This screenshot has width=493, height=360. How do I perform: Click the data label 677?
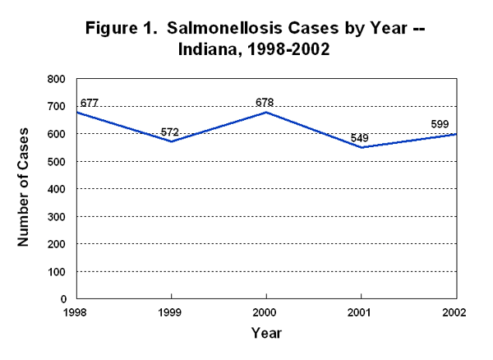tap(89, 104)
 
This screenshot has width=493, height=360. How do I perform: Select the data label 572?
tap(170, 132)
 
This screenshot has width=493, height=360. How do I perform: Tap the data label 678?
tap(265, 103)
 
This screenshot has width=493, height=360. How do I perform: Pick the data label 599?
tap(441, 125)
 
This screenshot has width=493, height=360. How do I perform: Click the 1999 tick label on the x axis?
tap(170, 313)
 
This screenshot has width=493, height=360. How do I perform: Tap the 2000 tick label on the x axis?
tap(265, 313)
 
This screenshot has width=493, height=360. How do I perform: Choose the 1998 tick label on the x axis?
tap(76, 313)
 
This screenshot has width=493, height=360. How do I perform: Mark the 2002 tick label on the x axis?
tap(455, 313)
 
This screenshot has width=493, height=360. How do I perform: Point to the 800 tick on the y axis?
tap(57, 79)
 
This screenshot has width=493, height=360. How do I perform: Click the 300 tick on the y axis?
tap(57, 216)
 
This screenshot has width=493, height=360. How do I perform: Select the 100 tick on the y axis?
tap(57, 271)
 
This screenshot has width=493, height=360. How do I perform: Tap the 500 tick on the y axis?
tap(57, 161)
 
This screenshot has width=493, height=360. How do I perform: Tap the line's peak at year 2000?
tap(265, 112)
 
